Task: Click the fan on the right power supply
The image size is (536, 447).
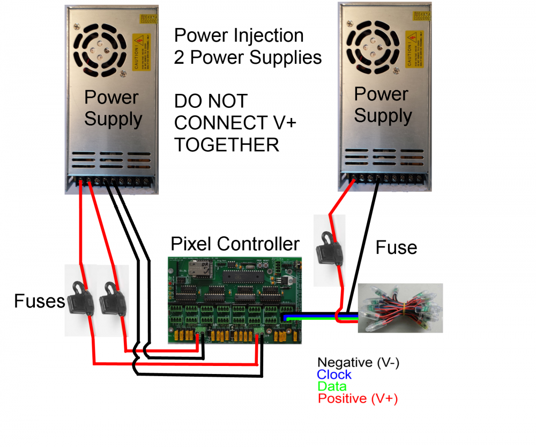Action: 372,44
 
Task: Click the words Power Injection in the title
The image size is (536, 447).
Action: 239,35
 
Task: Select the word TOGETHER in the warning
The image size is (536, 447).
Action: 227,144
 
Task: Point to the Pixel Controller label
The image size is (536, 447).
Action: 235,244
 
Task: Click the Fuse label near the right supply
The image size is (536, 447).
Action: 396,247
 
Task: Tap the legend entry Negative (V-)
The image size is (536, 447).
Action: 358,363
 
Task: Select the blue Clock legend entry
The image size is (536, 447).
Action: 334,375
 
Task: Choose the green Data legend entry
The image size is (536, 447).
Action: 332,386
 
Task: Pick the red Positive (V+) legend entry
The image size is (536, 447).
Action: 358,399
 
